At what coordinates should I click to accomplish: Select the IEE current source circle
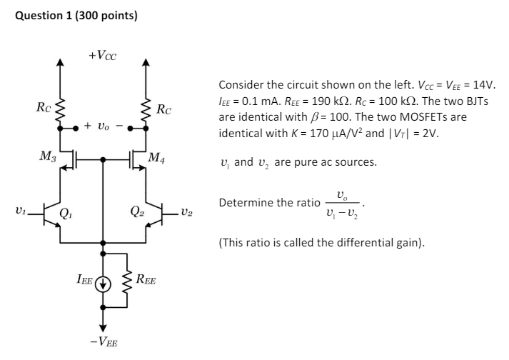click(x=104, y=280)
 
